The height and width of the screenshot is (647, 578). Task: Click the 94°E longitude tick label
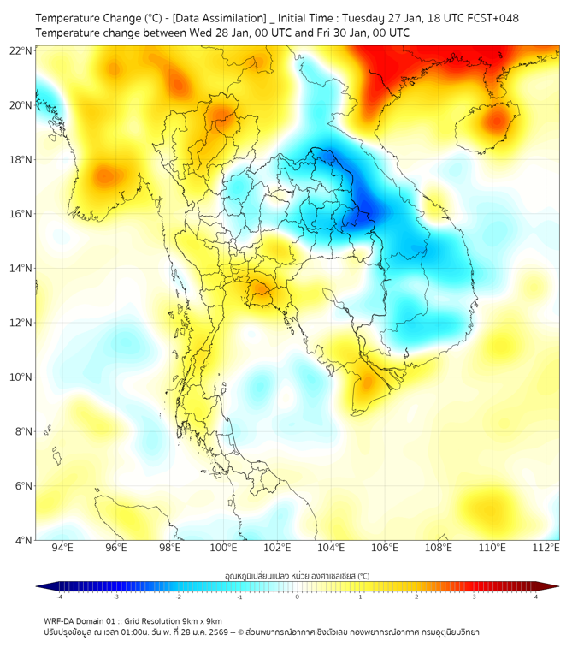[62, 548]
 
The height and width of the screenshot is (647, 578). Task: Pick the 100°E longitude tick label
[223, 548]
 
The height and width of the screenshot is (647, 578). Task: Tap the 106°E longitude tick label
[385, 548]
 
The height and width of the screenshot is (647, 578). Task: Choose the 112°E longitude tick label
[546, 548]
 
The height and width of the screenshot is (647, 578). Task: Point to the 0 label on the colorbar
[298, 597]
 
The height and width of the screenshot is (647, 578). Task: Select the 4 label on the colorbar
[536, 597]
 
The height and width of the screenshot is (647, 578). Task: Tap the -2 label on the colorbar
[177, 597]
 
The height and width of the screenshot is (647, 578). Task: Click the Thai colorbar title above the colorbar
[297, 575]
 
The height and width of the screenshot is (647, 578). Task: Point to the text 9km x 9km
[203, 620]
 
